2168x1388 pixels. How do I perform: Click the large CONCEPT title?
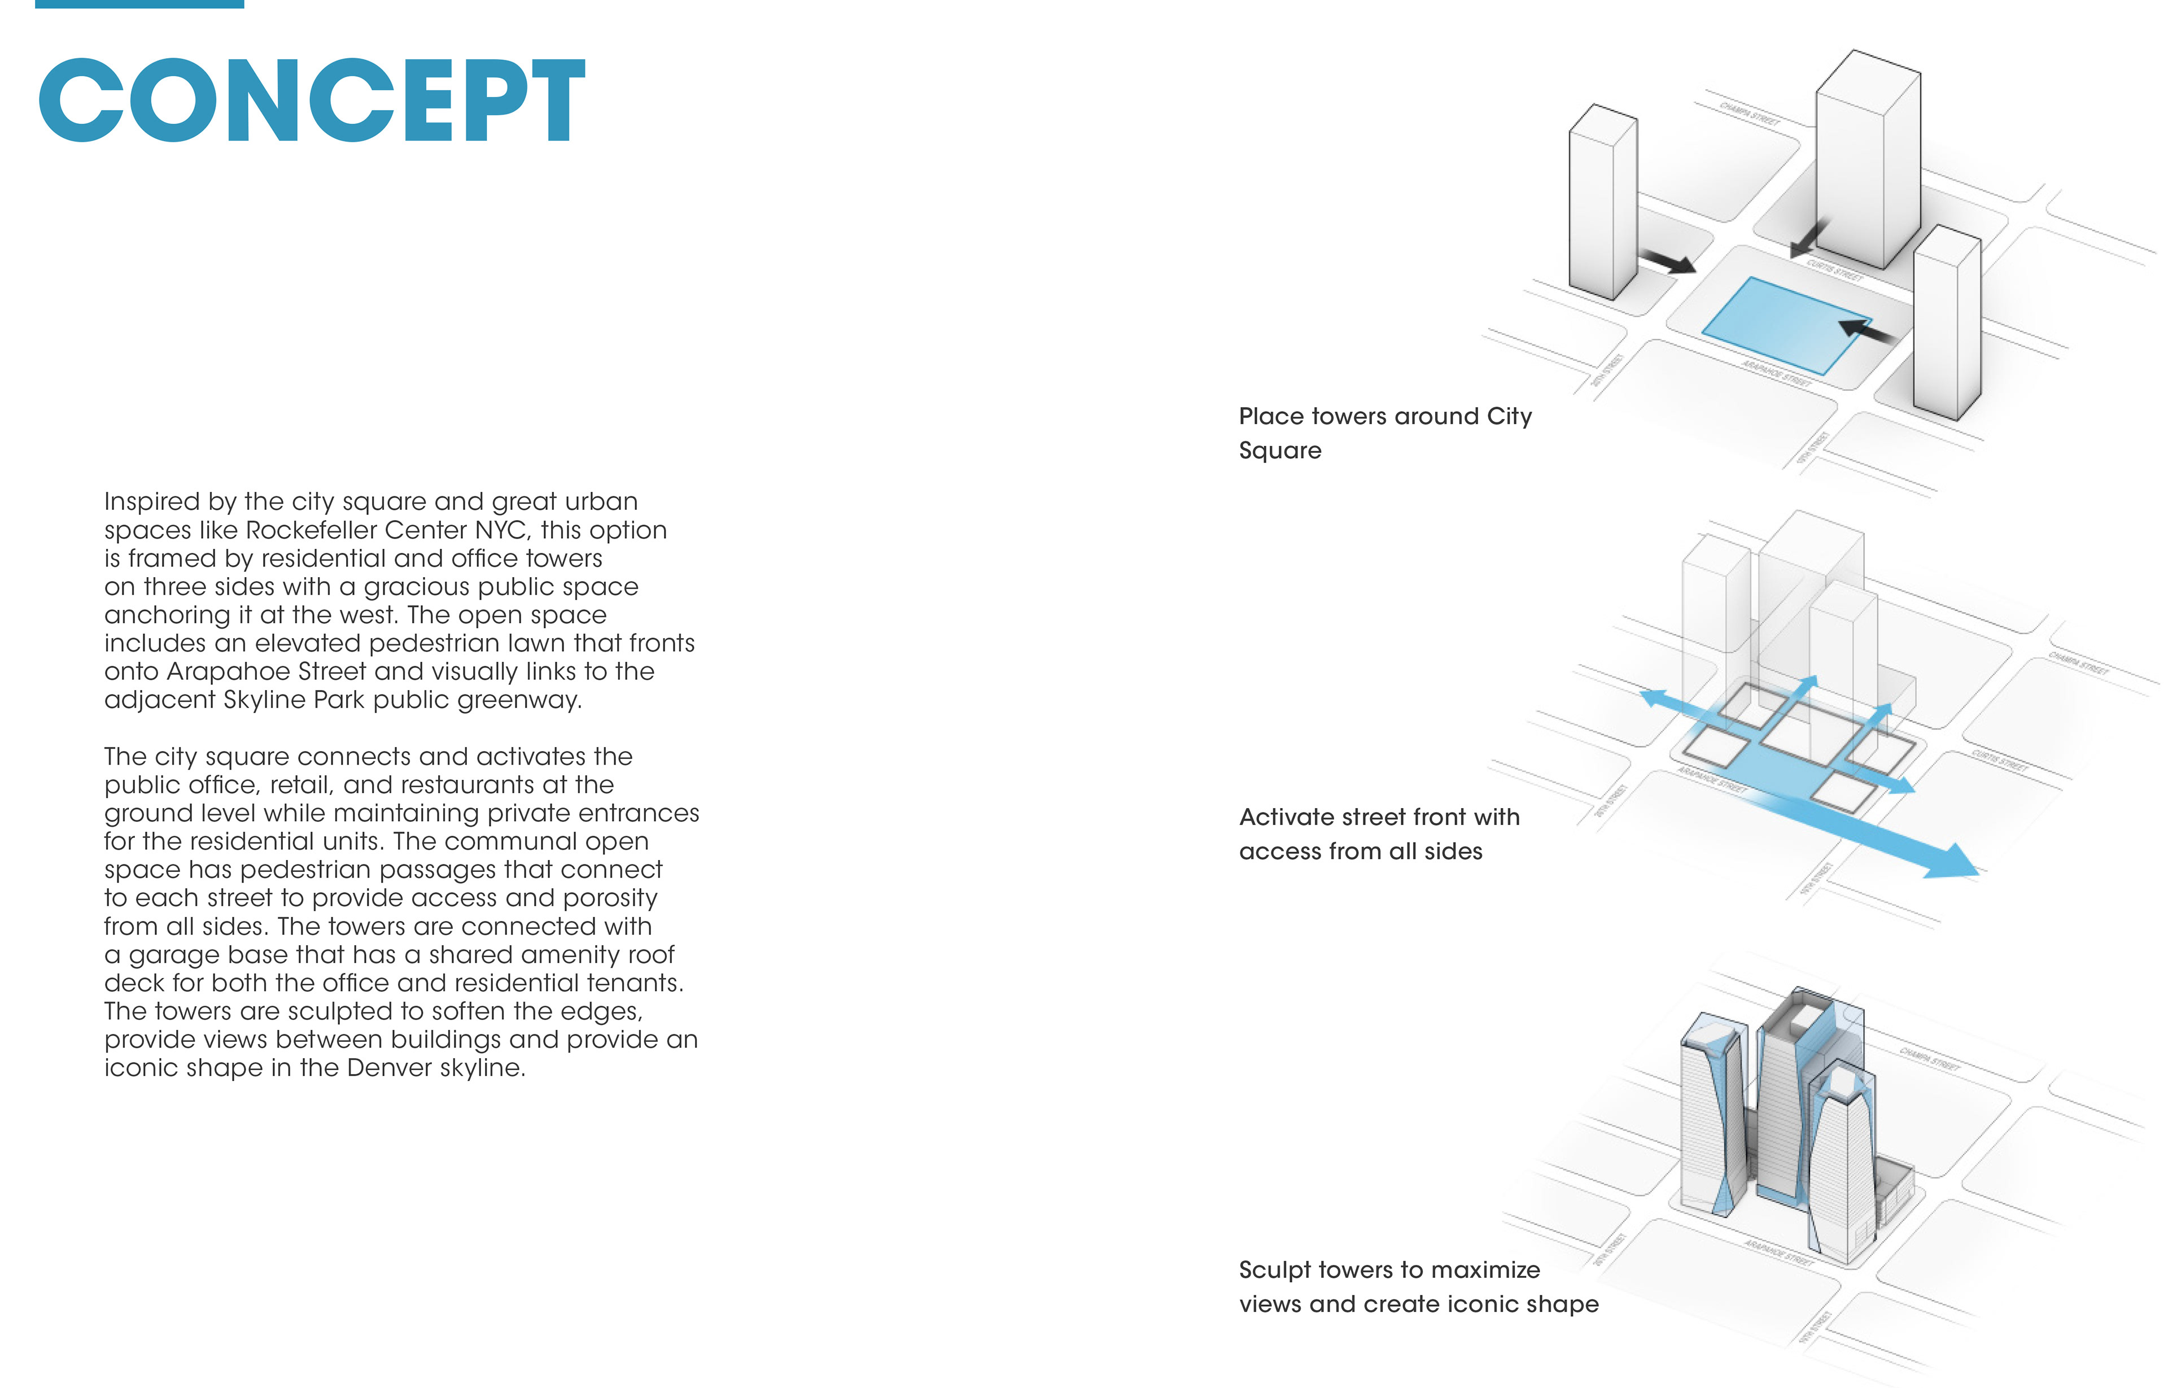[x=312, y=99]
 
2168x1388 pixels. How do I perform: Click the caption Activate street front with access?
[x=1379, y=833]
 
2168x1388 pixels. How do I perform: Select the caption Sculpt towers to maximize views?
[x=1418, y=1287]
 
